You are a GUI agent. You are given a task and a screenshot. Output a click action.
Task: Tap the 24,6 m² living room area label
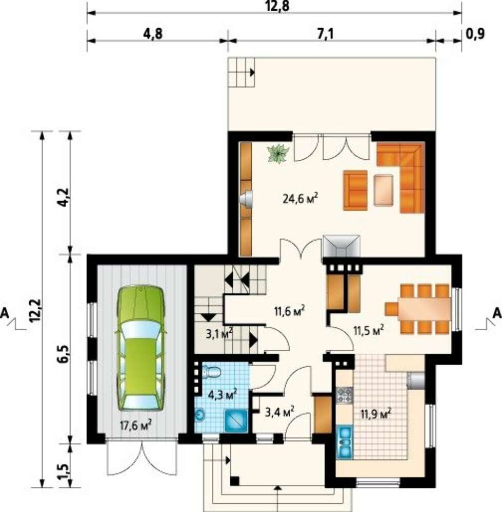click(x=300, y=198)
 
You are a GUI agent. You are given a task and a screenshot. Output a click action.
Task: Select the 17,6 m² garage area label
click(x=136, y=425)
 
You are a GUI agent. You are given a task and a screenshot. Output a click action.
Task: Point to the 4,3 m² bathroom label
click(x=223, y=395)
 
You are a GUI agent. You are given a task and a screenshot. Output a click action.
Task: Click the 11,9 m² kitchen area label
click(x=376, y=414)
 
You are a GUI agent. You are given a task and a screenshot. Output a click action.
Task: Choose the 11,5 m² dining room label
click(x=369, y=330)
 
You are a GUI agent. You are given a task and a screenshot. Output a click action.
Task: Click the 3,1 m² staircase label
click(x=219, y=333)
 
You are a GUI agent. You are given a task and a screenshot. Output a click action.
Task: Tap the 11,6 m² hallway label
click(x=290, y=311)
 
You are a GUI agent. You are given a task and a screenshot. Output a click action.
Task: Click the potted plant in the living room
click(x=278, y=153)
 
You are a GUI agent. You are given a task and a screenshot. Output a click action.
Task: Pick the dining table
click(x=425, y=309)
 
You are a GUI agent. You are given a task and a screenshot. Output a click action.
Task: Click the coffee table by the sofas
click(x=384, y=190)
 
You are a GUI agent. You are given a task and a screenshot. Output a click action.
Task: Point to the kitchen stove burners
click(x=345, y=395)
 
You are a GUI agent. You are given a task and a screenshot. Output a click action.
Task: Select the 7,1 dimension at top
click(x=325, y=34)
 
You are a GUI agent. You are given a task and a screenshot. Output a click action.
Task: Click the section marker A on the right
click(x=497, y=313)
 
